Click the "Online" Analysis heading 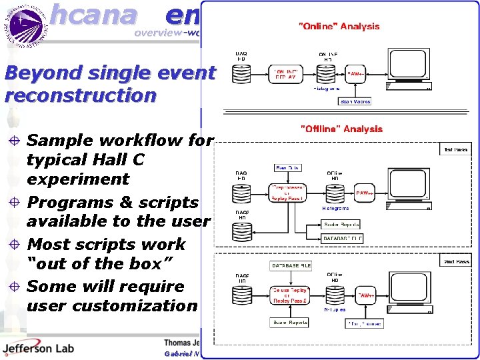click(339, 26)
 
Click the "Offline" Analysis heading click(341, 129)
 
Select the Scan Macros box click(355, 101)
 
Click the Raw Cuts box click(288, 168)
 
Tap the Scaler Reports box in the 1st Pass click(342, 225)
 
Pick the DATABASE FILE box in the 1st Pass click(343, 239)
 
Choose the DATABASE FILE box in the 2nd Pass click(291, 265)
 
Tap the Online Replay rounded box click(287, 73)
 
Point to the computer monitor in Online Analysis click(407, 71)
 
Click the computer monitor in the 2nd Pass click(407, 291)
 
